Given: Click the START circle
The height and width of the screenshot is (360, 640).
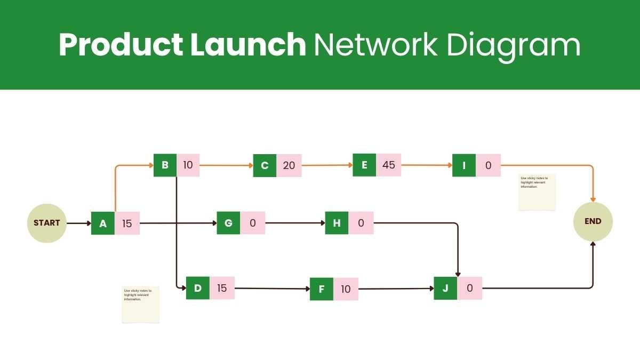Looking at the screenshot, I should coord(47,223).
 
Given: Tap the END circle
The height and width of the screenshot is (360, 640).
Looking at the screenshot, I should coord(593,221).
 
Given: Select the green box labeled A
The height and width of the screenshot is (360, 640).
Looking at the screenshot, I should coord(103,223).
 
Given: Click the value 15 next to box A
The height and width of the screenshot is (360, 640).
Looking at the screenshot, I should coord(127,223).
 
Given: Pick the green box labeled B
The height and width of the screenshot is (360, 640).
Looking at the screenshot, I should coord(165,165).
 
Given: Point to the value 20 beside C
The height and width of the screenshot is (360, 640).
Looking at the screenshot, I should coord(289,165).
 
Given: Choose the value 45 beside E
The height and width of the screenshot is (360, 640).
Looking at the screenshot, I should coord(389,165).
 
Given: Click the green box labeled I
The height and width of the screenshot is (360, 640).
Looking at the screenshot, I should coord(464,165).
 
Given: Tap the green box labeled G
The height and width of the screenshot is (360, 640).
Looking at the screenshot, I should coord(228,223).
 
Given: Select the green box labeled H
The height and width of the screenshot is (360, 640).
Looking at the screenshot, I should coord(337,223).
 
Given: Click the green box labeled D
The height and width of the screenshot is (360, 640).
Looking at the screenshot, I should coord(198,288).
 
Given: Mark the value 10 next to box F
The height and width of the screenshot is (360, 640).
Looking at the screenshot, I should coord(346,289).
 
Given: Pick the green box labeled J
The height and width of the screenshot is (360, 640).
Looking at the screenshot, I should coord(445,288).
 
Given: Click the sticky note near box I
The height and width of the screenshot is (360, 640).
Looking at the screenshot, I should coord(537,192).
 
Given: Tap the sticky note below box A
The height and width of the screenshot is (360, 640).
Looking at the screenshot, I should coord(141,305).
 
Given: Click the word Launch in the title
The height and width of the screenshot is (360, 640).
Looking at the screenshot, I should coord(247,45).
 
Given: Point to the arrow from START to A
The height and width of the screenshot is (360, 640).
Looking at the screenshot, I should coord(79,223).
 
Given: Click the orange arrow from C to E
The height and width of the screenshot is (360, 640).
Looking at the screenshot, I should coord(327,165).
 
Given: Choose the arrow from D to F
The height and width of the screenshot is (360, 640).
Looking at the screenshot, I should coord(272,289).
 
